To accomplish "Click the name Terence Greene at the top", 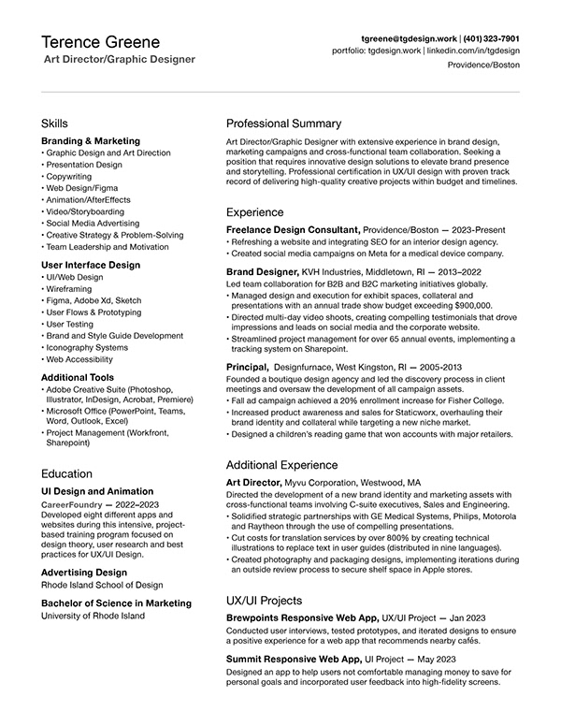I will pos(101,42).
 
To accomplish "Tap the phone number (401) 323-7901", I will pos(489,38).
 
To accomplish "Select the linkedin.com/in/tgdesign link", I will pos(473,51).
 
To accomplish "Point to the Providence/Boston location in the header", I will pos(483,66).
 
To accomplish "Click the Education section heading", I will pos(67,473).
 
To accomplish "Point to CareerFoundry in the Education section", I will pos(76,504).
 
